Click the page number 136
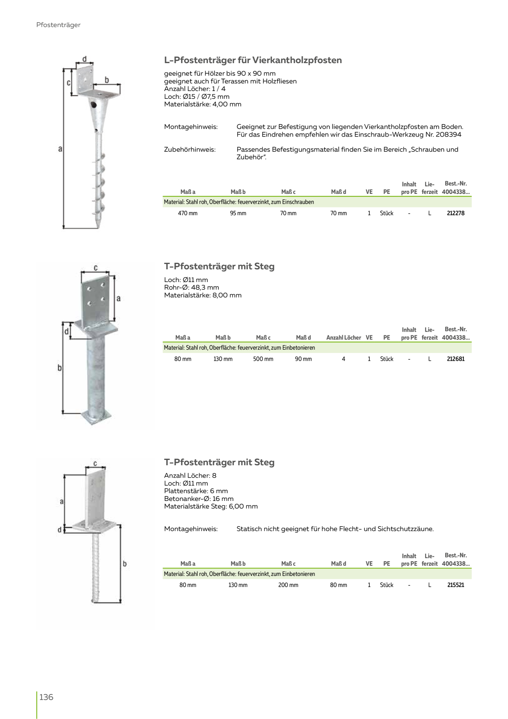pyautogui.click(x=46, y=697)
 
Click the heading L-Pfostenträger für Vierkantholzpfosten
pyautogui.click(x=253, y=60)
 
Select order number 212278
pyautogui.click(x=456, y=213)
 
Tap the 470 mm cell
pyautogui.click(x=188, y=213)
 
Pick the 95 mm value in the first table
pyautogui.click(x=238, y=213)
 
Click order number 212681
pyautogui.click(x=456, y=359)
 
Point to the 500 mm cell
pyautogui.click(x=263, y=359)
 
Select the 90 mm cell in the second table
pyautogui.click(x=303, y=359)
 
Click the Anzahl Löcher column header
pyautogui.click(x=344, y=338)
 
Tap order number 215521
pyautogui.click(x=456, y=585)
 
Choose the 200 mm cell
pyautogui.click(x=288, y=585)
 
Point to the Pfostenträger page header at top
pyautogui.click(x=59, y=25)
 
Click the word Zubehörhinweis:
pyautogui.click(x=190, y=150)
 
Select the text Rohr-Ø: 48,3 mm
pyautogui.click(x=191, y=287)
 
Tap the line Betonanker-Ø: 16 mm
pyautogui.click(x=199, y=499)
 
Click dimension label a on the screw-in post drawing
pyautogui.click(x=60, y=149)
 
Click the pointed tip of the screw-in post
pyautogui.click(x=99, y=226)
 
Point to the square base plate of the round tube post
pyautogui.click(x=96, y=418)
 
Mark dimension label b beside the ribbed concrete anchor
pyautogui.click(x=125, y=564)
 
